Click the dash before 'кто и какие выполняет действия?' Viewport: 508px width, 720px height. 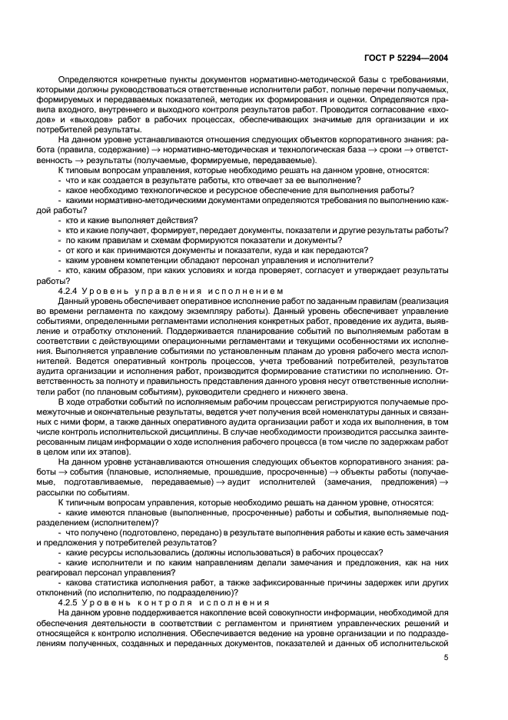(61, 220)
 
